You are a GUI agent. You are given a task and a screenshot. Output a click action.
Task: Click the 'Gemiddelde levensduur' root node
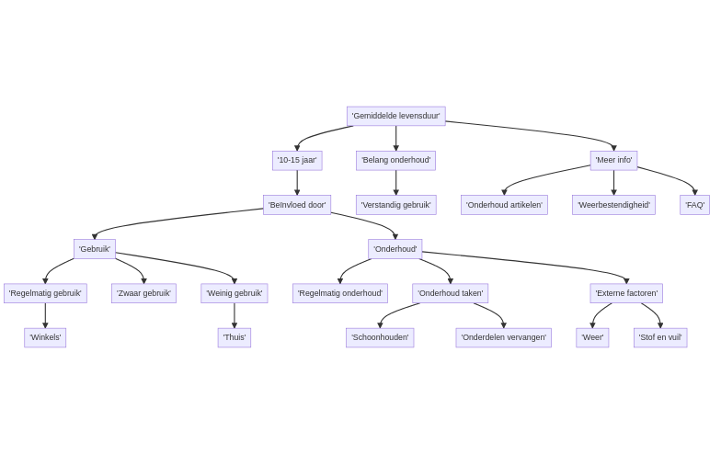point(395,116)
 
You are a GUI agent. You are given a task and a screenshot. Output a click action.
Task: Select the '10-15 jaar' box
point(297,160)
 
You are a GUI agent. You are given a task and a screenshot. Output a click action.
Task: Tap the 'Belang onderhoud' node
point(395,160)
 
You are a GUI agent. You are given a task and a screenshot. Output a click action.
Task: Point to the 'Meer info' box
point(613,160)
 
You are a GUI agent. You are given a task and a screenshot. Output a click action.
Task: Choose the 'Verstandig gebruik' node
point(395,205)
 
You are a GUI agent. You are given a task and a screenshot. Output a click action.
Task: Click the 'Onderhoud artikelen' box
point(504,205)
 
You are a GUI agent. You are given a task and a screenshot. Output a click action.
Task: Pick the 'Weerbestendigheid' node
point(613,205)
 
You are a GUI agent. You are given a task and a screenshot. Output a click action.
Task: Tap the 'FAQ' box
point(694,205)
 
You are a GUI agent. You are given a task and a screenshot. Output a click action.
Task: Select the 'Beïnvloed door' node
point(297,205)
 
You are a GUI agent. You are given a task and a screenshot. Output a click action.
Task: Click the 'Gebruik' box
point(95,249)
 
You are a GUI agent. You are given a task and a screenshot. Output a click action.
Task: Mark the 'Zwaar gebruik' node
point(143,293)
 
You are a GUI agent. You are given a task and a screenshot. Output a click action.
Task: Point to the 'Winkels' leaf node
point(45,338)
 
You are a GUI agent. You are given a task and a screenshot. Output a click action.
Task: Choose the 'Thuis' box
point(235,338)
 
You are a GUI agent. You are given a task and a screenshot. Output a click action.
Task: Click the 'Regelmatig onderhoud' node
point(340,293)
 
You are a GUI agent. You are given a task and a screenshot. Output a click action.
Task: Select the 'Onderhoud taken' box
point(450,293)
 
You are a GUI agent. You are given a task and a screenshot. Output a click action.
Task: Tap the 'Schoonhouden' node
point(380,338)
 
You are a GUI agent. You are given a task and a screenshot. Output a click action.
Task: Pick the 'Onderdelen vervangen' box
point(503,338)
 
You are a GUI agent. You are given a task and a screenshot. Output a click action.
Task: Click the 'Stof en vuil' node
point(660,338)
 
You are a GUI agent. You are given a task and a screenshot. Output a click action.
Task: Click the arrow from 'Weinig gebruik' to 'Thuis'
point(235,315)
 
